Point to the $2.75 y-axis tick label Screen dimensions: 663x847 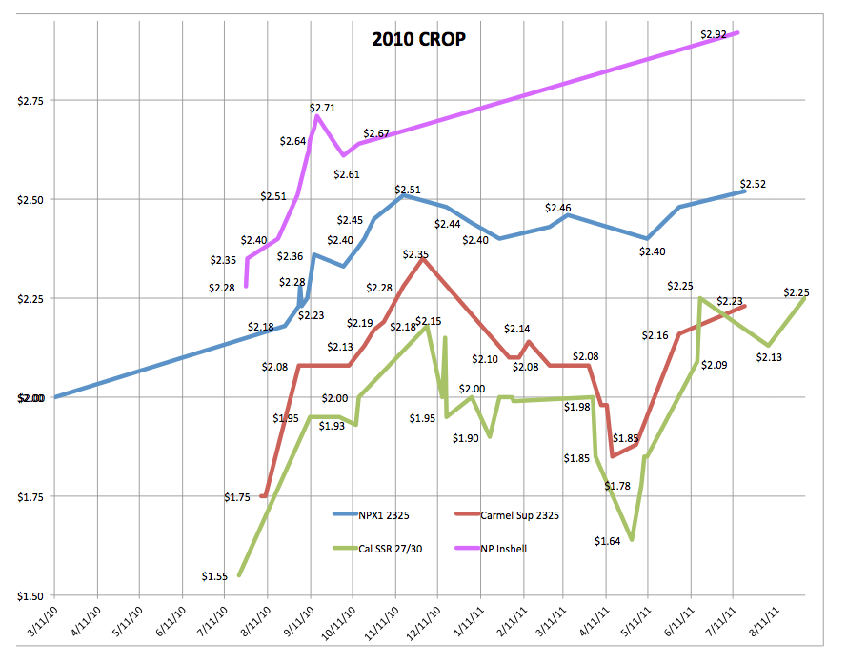(x=30, y=100)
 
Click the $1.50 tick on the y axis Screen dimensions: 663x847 (x=30, y=595)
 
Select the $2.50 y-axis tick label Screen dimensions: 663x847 (x=30, y=199)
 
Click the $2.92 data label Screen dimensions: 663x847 (x=713, y=34)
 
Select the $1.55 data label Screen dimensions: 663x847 (x=215, y=575)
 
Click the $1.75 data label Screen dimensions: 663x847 (x=237, y=496)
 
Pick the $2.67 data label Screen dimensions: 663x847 (x=376, y=133)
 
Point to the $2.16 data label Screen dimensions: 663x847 (x=655, y=335)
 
